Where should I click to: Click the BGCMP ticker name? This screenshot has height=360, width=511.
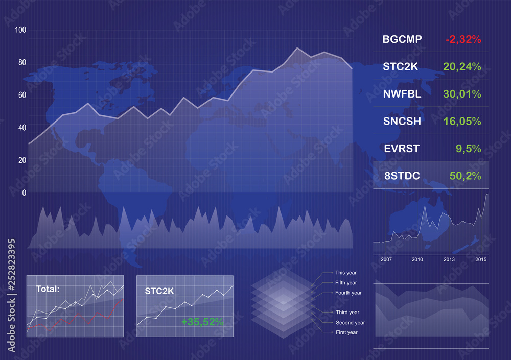[402, 39]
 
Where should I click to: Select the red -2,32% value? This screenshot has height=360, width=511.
[463, 39]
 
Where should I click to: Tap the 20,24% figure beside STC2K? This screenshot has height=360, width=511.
[462, 67]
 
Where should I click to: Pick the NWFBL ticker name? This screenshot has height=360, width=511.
[402, 94]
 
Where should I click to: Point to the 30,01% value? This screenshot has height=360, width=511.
[462, 94]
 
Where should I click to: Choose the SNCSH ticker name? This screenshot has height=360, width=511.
[402, 121]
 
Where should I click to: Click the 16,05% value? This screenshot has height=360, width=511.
[462, 122]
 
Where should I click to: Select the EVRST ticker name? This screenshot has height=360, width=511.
[402, 149]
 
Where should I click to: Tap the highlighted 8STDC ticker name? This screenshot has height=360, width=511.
[402, 176]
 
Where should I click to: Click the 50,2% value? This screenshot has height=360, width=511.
[465, 176]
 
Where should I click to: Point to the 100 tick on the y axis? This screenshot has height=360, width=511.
[20, 30]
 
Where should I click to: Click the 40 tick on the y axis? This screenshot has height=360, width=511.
[22, 128]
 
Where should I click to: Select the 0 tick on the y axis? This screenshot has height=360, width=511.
[24, 193]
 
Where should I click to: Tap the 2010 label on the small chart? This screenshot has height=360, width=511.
[417, 259]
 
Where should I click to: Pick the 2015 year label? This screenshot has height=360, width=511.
[481, 259]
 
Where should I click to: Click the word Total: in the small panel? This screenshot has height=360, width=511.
[48, 289]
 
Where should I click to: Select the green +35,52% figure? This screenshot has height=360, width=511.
[202, 322]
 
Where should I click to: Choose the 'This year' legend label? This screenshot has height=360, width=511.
[346, 273]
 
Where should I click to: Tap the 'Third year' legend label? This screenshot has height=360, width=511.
[347, 313]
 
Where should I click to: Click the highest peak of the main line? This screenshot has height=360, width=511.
[297, 48]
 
